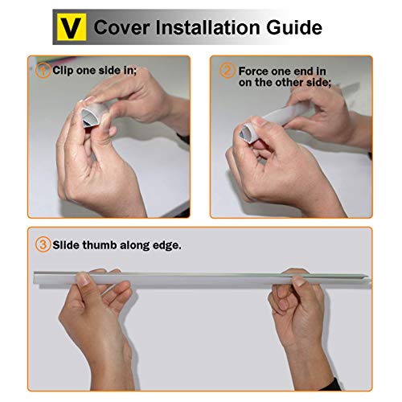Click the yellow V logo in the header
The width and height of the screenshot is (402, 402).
pos(72,27)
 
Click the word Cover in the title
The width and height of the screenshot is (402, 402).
pos(122,27)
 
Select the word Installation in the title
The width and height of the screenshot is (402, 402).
pos(208,27)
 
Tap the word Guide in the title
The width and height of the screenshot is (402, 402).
pos(294,27)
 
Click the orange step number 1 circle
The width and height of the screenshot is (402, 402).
pos(43,71)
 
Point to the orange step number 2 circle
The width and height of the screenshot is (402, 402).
pos(228,71)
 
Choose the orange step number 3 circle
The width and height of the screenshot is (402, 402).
pos(43,244)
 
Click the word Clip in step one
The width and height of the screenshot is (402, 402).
pos(63,71)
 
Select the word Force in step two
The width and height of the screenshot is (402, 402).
pos(253,72)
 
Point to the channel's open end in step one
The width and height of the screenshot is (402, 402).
pos(88,118)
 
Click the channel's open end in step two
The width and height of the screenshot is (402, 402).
pos(244,133)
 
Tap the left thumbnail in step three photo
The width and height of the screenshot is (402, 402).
pos(83,279)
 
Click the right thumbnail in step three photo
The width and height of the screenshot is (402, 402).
pos(299,281)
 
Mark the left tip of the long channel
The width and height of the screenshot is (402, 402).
pos(35,278)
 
